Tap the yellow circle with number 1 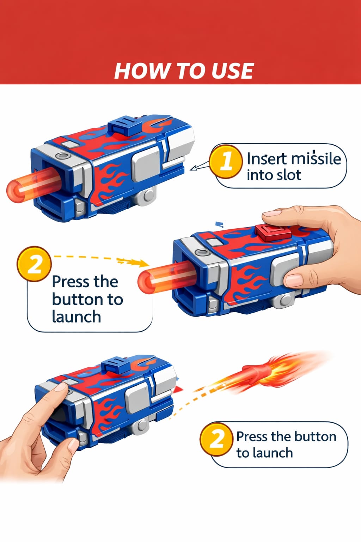point(226,161)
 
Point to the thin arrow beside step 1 point(199,166)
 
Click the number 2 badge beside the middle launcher point(34,264)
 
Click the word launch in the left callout point(76,317)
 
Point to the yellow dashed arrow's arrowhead point(143,263)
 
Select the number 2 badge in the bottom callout point(216,439)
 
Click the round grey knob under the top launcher point(148,195)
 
